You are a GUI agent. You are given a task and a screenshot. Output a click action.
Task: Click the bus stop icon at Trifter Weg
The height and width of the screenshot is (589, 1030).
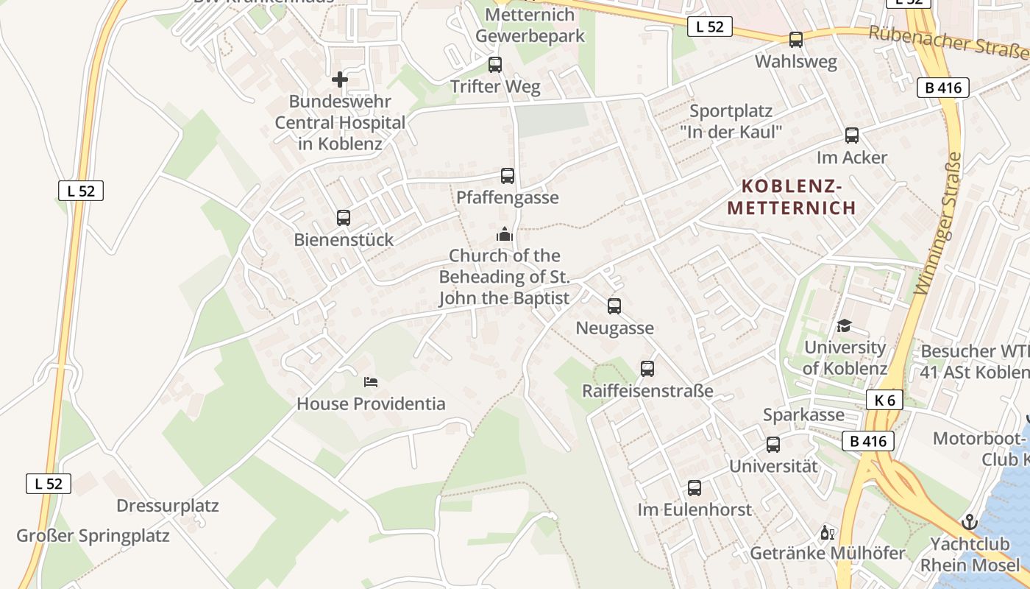(x=495, y=65)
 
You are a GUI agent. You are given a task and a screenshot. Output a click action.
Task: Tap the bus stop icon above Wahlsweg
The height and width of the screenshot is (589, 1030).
(x=795, y=40)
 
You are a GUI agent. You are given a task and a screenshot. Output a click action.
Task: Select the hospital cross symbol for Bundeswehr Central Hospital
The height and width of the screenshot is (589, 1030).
(x=339, y=79)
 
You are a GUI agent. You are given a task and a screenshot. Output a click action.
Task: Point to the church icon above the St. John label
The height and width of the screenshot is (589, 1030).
(x=505, y=234)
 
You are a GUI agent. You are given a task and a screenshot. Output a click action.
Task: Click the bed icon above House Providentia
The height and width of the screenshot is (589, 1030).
(x=371, y=382)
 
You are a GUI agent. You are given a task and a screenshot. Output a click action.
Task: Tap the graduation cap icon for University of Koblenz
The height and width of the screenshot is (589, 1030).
(x=844, y=325)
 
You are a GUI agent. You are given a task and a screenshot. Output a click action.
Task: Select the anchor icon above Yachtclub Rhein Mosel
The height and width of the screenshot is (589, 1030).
(x=969, y=522)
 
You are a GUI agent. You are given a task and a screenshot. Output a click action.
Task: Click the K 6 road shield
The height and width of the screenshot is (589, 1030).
(x=885, y=400)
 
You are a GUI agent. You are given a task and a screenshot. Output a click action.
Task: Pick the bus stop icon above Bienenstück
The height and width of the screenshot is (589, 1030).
(x=344, y=218)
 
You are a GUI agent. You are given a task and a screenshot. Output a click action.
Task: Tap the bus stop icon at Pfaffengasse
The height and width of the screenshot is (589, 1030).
(x=508, y=176)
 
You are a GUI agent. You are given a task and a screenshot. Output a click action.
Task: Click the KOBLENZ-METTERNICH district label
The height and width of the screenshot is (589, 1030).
(x=792, y=197)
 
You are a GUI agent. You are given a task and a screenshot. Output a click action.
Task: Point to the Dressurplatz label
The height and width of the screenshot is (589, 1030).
(x=168, y=506)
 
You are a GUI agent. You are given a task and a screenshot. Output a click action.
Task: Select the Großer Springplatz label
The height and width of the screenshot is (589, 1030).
(x=93, y=535)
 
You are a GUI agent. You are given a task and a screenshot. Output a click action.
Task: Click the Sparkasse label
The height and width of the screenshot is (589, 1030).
(x=803, y=415)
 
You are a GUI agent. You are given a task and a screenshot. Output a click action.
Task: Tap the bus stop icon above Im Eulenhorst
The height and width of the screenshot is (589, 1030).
(x=695, y=487)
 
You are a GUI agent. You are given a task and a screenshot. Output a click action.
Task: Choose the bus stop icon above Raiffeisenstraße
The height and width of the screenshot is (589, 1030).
(x=647, y=368)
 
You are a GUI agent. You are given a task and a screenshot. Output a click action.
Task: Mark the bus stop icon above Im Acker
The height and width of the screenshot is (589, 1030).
(x=852, y=135)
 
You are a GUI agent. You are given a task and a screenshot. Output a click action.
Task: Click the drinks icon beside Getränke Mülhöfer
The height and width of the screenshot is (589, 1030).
(x=827, y=532)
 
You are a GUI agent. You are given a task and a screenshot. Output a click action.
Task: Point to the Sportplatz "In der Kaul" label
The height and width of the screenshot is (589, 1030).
(x=731, y=121)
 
